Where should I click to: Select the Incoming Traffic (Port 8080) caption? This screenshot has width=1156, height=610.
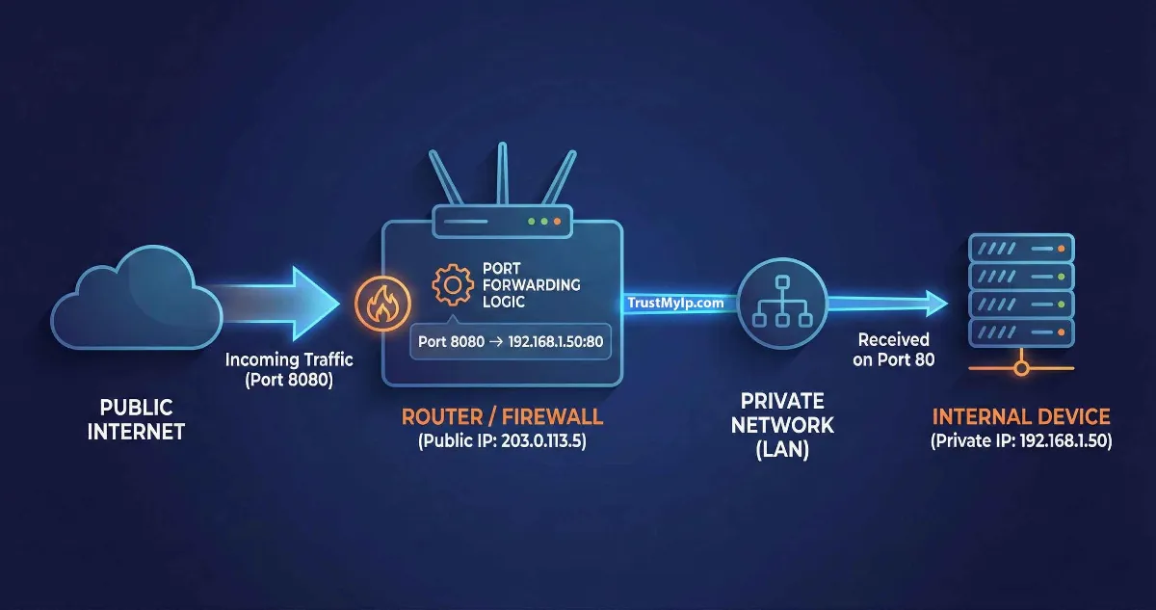pos(289,369)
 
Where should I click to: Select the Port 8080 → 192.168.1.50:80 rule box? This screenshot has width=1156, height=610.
pos(511,342)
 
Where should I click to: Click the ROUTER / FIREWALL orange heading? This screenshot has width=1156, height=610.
pos(501,417)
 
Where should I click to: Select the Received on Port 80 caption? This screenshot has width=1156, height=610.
pos(894,350)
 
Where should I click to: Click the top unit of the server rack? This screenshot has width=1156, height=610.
pos(1020,249)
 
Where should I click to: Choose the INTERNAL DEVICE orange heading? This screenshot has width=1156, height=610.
pos(1020,417)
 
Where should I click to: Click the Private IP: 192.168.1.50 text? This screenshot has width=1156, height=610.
pos(1020,441)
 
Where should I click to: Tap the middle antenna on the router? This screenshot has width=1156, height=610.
pos(501,173)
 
